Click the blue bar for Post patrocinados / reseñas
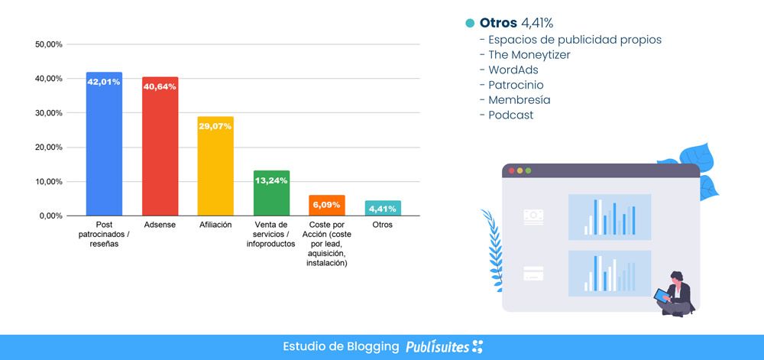coord(104,144)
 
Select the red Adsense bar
coord(160,146)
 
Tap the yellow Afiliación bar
coord(215,166)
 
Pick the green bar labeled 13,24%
coord(271,193)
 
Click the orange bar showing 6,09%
coord(327,205)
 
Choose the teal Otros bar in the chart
coord(383,208)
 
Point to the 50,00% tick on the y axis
coord(49,44)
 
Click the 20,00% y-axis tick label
coord(49,147)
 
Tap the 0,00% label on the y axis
coord(51,216)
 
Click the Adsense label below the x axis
coord(160,225)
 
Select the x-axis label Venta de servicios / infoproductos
coord(271,235)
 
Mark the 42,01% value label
coord(104,82)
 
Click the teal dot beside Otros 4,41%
coord(470,23)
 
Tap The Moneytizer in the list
coord(529,54)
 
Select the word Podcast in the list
coord(510,115)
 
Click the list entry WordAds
coord(513,70)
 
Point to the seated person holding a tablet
coord(675,294)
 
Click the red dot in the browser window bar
coord(512,170)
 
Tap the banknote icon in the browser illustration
coord(533,217)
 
